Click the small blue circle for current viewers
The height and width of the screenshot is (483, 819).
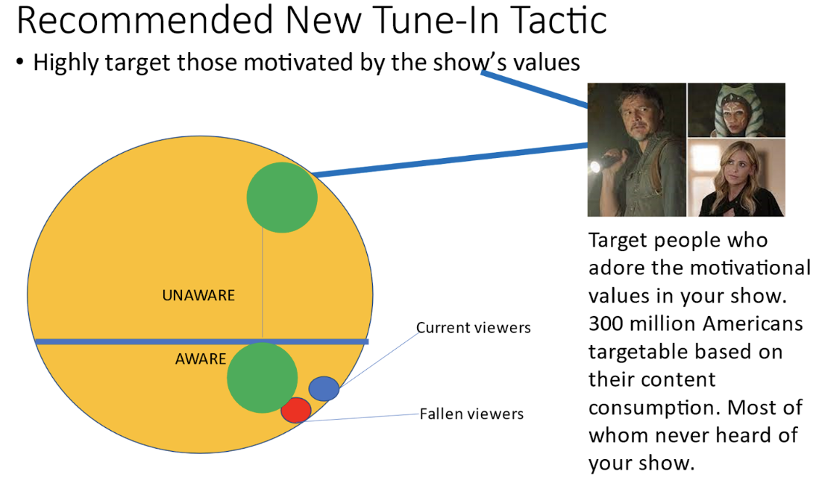pos(324,388)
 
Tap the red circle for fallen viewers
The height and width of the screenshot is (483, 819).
pos(296,410)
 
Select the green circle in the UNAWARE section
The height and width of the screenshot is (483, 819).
pos(282,198)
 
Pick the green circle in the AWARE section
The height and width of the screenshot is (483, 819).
pos(263,378)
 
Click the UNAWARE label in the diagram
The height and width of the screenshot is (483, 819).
pos(198,296)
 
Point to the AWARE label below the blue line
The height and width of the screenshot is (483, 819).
pos(201,359)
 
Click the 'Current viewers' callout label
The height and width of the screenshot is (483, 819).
pos(473,328)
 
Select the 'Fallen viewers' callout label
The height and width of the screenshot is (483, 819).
pos(471,414)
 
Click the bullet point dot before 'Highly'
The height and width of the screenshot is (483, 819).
pos(20,63)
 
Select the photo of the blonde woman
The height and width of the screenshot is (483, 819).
pos(736,177)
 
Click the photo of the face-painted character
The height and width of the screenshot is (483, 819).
pos(736,110)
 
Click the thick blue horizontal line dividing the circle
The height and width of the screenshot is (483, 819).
pos(201,341)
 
